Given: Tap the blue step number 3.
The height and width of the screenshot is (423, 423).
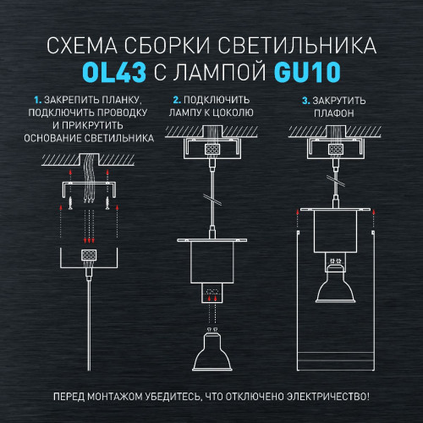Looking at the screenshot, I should (x=304, y=101).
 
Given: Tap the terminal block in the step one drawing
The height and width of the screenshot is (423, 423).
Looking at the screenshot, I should (x=86, y=255).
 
